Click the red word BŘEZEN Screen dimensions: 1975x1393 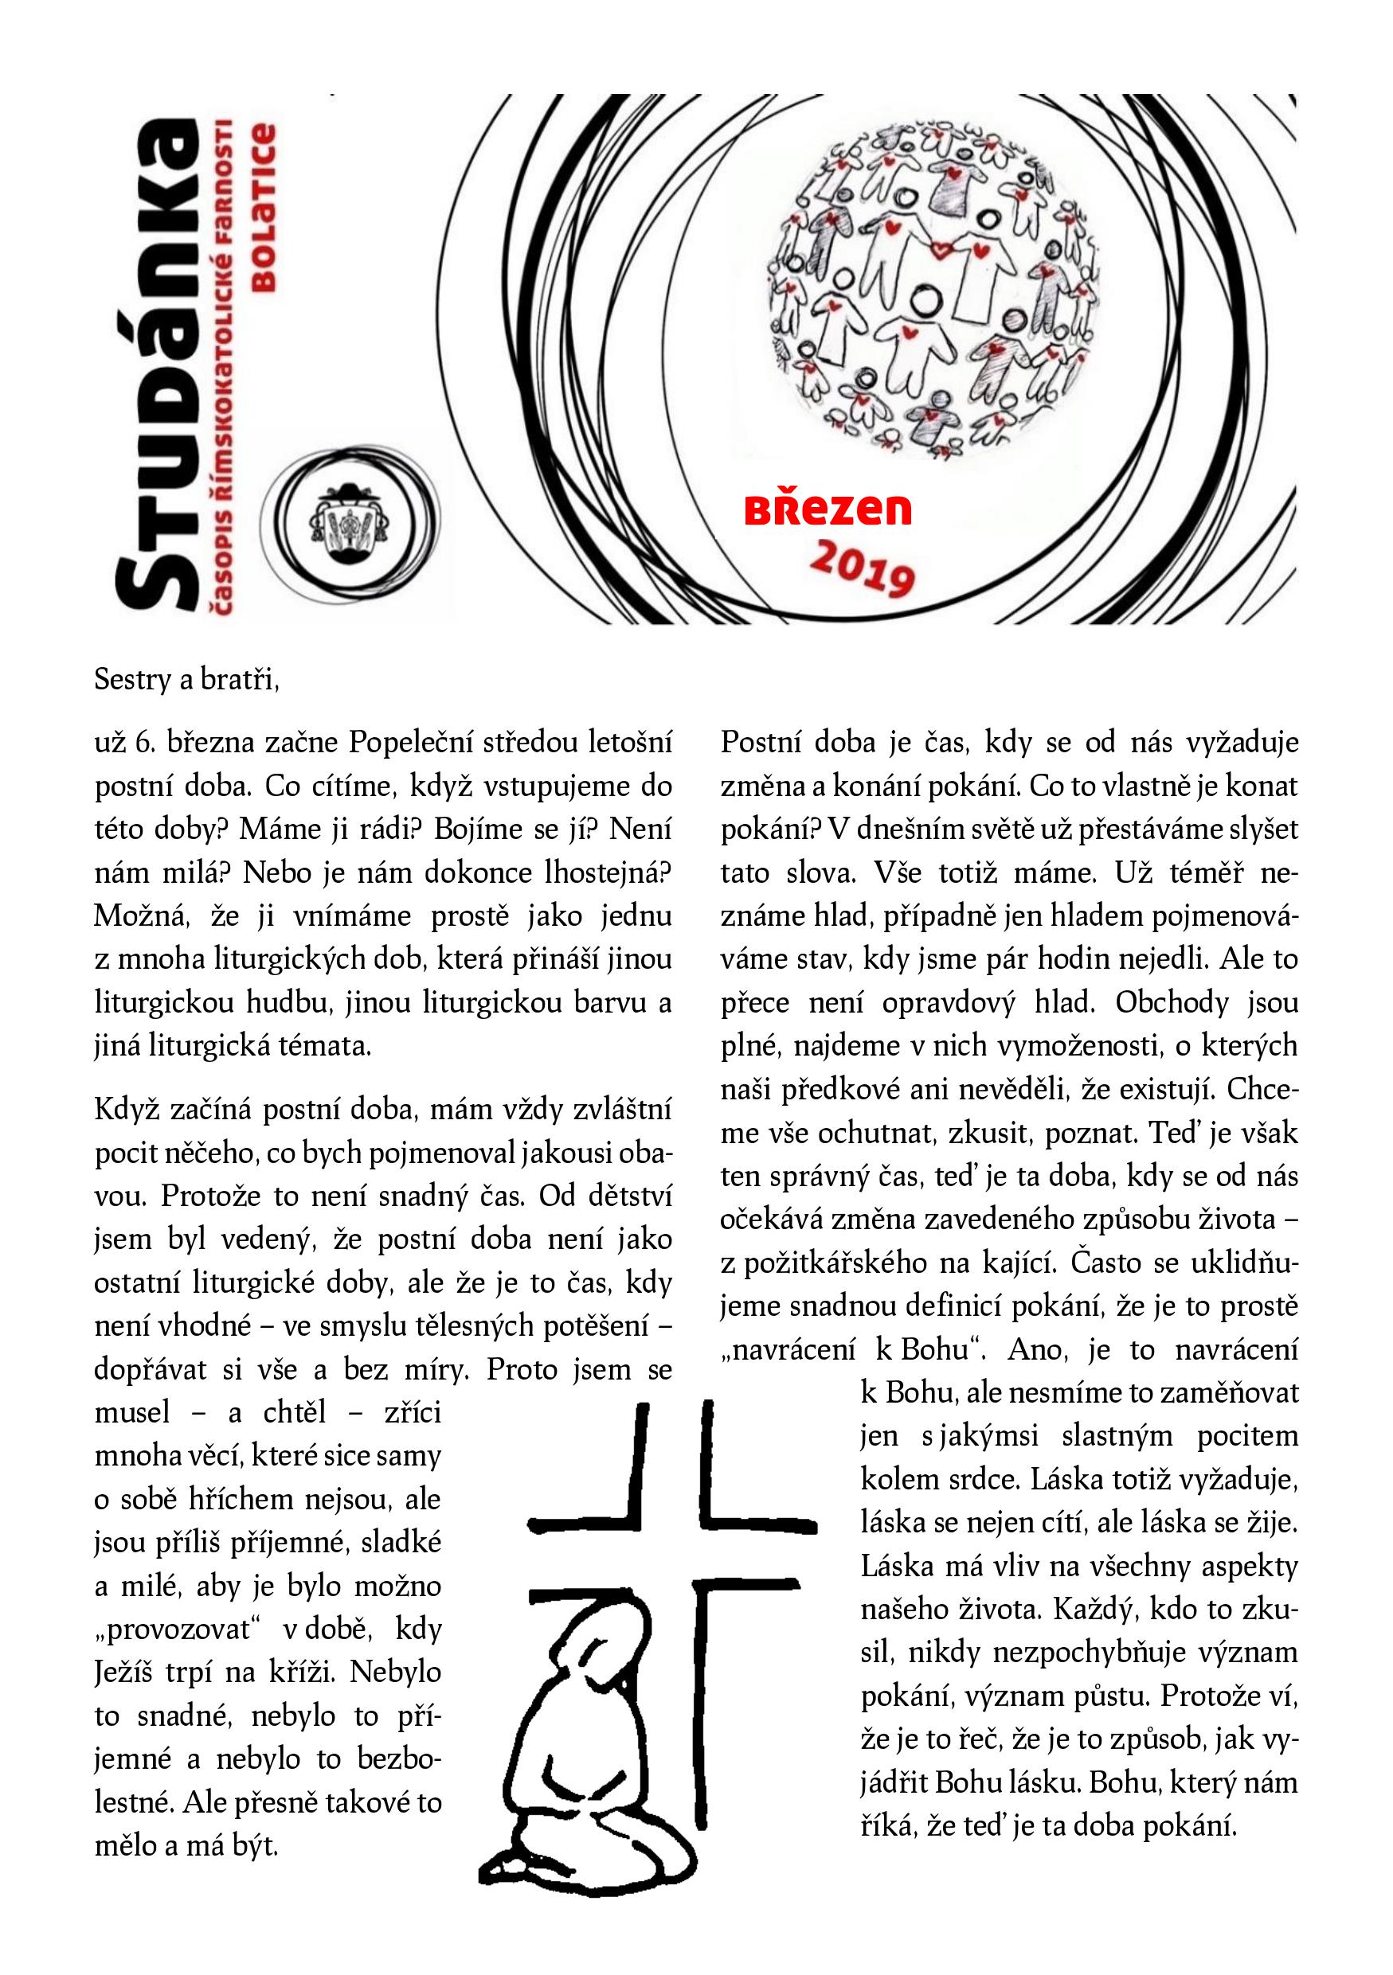pyautogui.click(x=827, y=509)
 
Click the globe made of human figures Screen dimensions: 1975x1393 pyautogui.click(x=934, y=289)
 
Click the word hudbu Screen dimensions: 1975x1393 pyautogui.click(x=290, y=1003)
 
